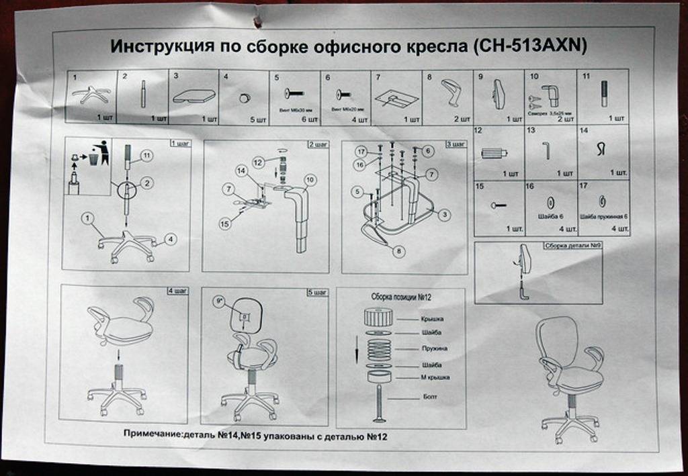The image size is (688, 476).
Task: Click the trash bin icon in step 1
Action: (x=94, y=158)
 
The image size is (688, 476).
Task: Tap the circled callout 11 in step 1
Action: (x=146, y=156)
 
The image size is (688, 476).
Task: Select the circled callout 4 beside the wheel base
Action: (x=171, y=238)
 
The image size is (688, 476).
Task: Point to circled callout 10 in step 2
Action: (x=310, y=180)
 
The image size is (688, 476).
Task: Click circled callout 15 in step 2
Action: (x=224, y=224)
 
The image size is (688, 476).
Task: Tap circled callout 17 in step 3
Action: (x=360, y=152)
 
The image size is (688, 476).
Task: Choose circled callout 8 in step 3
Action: (x=400, y=251)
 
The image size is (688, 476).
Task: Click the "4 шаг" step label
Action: (x=178, y=291)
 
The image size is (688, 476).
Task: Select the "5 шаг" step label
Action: (x=317, y=292)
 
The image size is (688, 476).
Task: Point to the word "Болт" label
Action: (x=431, y=397)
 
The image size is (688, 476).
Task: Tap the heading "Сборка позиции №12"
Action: (x=400, y=296)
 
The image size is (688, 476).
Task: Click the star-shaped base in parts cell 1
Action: (x=91, y=95)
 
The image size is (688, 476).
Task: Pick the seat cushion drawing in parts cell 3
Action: (x=193, y=96)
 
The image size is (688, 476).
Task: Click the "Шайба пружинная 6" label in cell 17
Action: (x=603, y=217)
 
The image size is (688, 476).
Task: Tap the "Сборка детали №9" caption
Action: (x=572, y=246)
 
